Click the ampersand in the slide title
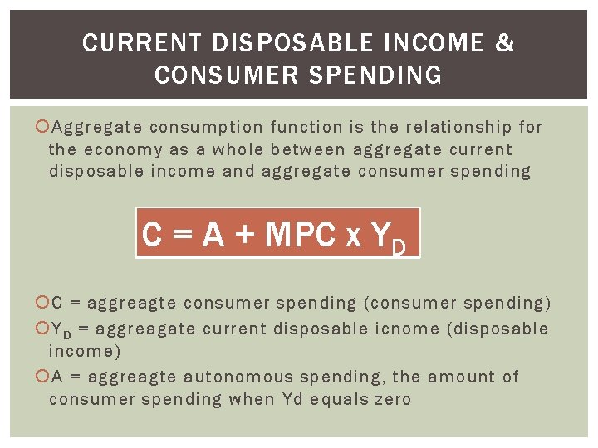505,43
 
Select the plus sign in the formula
244,236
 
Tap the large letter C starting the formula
152,236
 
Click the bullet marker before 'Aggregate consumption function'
44,127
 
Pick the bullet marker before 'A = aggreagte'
44,377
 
